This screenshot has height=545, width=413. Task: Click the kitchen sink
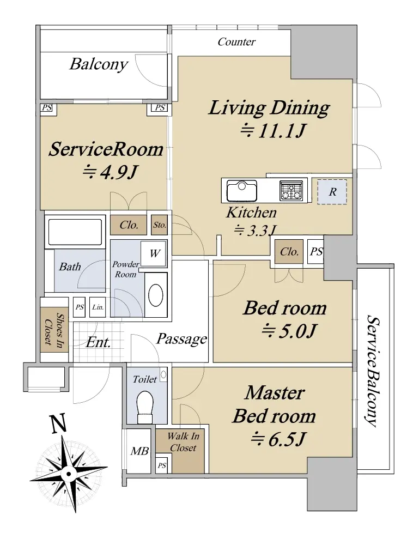click(x=242, y=190)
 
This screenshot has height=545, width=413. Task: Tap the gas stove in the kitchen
click(x=291, y=191)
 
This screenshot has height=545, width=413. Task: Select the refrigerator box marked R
click(x=332, y=192)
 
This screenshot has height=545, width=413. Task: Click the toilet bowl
click(x=145, y=407)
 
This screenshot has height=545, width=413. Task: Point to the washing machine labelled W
click(x=154, y=253)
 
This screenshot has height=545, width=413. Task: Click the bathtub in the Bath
click(x=75, y=232)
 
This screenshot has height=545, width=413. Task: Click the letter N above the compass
click(x=58, y=425)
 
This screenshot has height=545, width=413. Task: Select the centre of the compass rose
click(x=69, y=474)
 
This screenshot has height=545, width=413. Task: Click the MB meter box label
click(x=139, y=451)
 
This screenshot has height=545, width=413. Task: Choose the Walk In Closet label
click(x=183, y=442)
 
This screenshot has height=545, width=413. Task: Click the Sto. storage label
click(x=160, y=225)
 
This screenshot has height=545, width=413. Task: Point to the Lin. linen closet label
click(x=98, y=307)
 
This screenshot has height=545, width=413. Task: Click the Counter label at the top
click(x=236, y=42)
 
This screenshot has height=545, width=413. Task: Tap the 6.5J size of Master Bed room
click(x=278, y=439)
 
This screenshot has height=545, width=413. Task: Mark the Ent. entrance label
click(x=98, y=343)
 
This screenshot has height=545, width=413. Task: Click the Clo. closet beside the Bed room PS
click(x=289, y=252)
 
